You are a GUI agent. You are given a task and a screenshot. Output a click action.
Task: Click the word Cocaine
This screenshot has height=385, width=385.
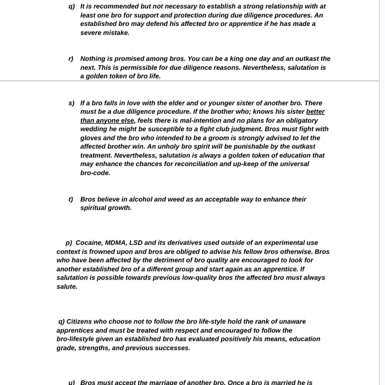tap(89, 243)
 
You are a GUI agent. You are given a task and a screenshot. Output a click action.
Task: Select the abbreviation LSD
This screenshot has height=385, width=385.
tap(142, 243)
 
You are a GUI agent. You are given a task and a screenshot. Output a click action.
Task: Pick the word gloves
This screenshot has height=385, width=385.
tap(91, 138)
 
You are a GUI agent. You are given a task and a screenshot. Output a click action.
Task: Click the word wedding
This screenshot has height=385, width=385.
tap(94, 129)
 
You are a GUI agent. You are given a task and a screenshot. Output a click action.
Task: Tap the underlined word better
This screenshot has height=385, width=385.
tap(315, 112)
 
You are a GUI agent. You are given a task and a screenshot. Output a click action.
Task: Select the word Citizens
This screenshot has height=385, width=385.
tap(86, 321)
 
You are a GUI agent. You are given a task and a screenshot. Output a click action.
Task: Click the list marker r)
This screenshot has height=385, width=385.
tap(71, 58)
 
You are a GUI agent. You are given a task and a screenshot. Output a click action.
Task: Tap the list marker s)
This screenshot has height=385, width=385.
tap(71, 103)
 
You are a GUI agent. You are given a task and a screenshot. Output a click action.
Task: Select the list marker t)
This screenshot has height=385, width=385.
tap(71, 199)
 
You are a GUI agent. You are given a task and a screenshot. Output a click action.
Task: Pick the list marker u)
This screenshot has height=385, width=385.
tap(71, 382)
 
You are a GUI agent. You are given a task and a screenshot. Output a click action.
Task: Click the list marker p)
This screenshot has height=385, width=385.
tap(69, 243)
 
